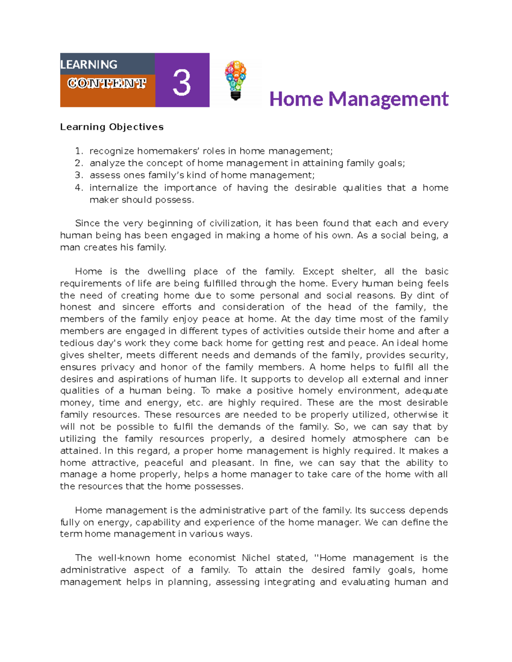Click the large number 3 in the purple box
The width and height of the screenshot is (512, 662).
pyautogui.click(x=182, y=83)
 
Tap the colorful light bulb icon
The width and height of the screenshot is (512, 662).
pyautogui.click(x=236, y=80)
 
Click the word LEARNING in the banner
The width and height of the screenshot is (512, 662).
pyautogui.click(x=89, y=64)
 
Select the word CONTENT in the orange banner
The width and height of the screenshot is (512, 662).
pyautogui.click(x=107, y=83)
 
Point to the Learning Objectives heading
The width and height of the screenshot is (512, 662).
pyautogui.click(x=112, y=127)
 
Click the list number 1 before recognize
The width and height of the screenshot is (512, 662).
pyautogui.click(x=78, y=151)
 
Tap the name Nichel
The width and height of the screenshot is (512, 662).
pyautogui.click(x=256, y=558)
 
